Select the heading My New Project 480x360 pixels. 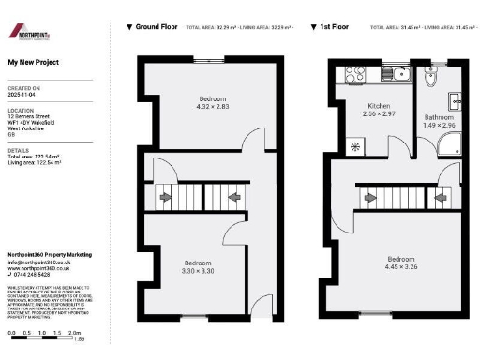(33, 63)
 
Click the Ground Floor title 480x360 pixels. (157, 28)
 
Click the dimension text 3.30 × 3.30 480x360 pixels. (198, 270)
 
